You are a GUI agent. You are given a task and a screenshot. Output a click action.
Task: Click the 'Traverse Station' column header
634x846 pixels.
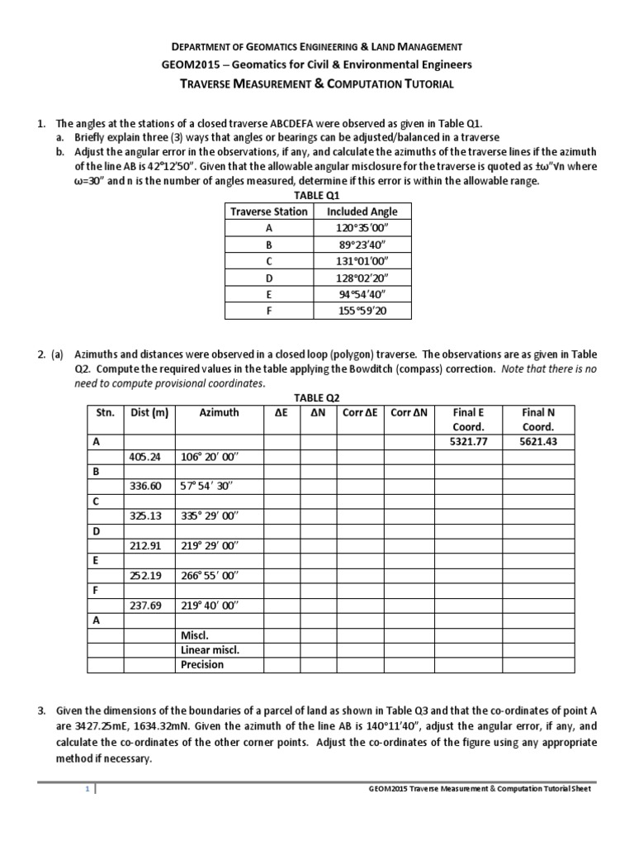coord(269,211)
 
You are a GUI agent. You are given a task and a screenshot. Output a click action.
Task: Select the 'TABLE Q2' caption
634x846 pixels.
coord(316,397)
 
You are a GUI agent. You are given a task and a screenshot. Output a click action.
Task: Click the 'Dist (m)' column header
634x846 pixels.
coord(149,412)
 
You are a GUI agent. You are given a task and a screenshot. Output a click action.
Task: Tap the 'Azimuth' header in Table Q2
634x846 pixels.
coord(218,412)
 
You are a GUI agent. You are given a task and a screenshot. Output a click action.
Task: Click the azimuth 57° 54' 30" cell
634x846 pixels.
coord(210,487)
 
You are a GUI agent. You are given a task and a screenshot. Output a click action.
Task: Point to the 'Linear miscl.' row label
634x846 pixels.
coord(210,649)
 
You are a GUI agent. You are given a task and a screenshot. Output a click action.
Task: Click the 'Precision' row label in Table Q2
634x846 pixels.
coord(202,664)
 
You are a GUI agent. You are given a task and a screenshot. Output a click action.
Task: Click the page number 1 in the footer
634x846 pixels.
coord(88,789)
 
